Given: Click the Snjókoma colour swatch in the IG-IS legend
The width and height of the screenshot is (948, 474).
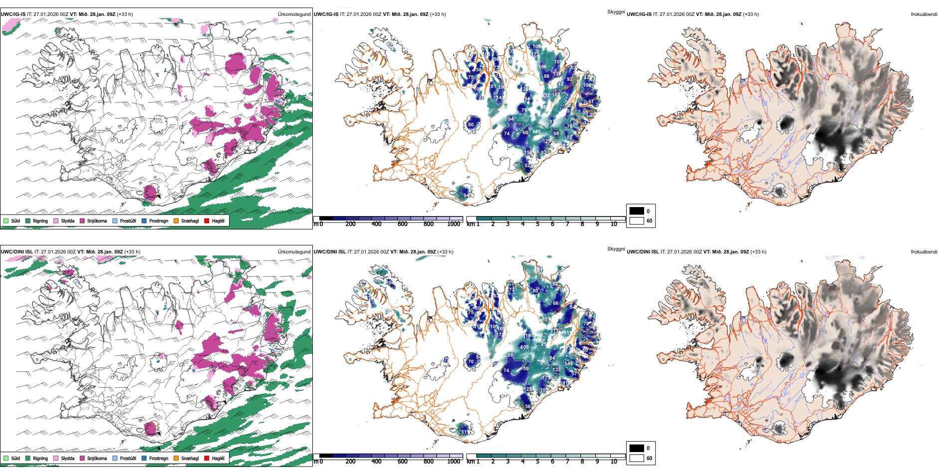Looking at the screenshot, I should (x=82, y=221).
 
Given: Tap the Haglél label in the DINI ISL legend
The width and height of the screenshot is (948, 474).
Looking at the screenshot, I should (x=218, y=458).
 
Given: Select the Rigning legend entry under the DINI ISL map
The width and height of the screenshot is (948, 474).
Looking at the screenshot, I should (x=40, y=458).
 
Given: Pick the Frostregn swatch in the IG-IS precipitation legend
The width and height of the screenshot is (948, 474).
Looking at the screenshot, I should (x=144, y=221).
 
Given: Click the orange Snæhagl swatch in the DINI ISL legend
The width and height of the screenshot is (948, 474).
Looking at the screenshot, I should (x=176, y=458).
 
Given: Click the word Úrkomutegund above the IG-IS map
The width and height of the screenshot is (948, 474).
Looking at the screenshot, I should (x=294, y=14).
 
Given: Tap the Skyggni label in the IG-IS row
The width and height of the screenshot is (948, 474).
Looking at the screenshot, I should (x=616, y=11).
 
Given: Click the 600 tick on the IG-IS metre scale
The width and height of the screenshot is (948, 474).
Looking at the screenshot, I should (x=403, y=224).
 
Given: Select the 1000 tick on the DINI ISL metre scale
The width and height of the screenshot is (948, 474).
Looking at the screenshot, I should (x=454, y=462).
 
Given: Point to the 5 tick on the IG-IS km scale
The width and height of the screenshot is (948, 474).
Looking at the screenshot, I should (x=538, y=224).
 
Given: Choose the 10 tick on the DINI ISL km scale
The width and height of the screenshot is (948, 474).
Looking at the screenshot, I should (x=614, y=462).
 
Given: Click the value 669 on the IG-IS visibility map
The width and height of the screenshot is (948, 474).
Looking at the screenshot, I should (x=536, y=132).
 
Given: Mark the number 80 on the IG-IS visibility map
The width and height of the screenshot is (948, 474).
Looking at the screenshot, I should (x=471, y=125).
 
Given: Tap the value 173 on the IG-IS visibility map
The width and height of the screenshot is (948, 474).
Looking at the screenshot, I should (x=535, y=54).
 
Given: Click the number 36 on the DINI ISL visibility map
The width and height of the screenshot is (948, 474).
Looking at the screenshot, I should (x=528, y=407).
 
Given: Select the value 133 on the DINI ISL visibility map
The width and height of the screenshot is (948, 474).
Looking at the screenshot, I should (x=557, y=370).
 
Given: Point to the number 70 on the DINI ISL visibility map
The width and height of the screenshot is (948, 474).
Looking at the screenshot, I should (x=471, y=362).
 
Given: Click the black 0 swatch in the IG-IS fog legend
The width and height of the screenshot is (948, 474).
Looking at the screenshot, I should (x=637, y=211).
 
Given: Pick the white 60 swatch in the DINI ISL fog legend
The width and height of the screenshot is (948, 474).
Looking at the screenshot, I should (x=637, y=458).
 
